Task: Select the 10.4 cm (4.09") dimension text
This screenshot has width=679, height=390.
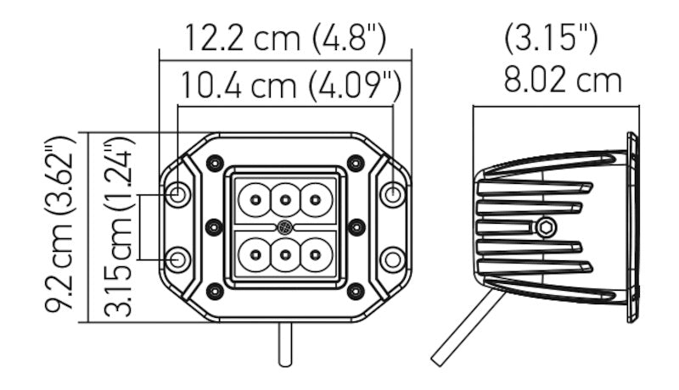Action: click(289, 86)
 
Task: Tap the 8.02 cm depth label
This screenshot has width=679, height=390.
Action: click(563, 81)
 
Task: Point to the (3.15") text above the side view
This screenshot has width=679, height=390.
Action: click(552, 37)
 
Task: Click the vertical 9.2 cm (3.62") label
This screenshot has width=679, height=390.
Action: click(61, 227)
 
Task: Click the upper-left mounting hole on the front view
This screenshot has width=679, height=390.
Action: click(178, 194)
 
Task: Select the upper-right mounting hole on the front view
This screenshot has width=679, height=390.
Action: click(392, 194)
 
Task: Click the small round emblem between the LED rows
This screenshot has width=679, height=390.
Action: click(285, 227)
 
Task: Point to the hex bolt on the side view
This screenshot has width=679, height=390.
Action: click(546, 226)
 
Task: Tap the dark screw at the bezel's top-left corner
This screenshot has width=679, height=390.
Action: click(214, 162)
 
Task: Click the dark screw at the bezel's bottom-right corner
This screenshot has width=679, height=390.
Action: click(356, 292)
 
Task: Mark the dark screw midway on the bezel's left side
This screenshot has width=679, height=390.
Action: click(214, 226)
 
